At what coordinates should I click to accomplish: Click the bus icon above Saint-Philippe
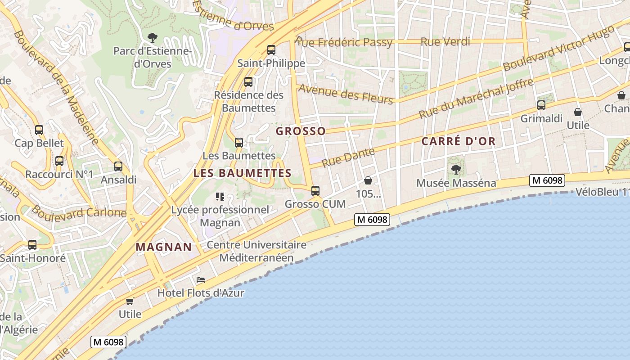(x=271, y=49)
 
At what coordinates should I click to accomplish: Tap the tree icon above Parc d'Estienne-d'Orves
(x=153, y=37)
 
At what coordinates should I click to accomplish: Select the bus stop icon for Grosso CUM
(x=315, y=191)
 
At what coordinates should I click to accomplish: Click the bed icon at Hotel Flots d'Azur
(x=201, y=280)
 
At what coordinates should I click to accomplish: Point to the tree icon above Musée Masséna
(x=456, y=170)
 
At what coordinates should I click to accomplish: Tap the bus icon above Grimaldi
(x=541, y=105)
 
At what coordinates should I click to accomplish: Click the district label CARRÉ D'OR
(x=458, y=141)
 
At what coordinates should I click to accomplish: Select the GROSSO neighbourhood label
(x=301, y=131)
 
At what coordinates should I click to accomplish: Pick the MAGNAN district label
(x=164, y=247)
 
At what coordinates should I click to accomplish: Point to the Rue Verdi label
(x=445, y=42)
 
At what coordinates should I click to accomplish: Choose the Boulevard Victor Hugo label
(x=558, y=48)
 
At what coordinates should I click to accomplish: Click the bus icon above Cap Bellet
(x=39, y=130)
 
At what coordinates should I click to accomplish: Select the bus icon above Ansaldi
(x=118, y=166)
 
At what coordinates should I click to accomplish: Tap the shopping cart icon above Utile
(x=130, y=301)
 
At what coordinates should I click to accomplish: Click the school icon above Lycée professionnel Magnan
(x=220, y=196)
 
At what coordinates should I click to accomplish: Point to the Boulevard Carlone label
(x=79, y=211)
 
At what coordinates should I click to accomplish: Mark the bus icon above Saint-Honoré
(x=32, y=245)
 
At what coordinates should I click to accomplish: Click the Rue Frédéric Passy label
(x=344, y=42)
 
